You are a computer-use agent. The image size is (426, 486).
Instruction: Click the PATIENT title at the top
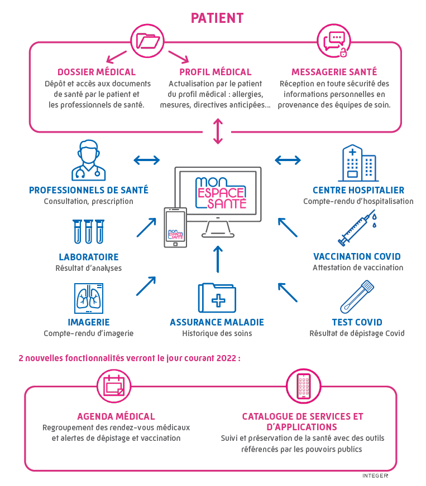click(x=217, y=18)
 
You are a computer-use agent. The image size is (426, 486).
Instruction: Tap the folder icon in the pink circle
click(x=148, y=41)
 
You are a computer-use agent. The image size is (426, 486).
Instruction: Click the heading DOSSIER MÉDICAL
click(x=97, y=72)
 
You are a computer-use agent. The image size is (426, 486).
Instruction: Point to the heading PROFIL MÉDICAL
click(x=216, y=72)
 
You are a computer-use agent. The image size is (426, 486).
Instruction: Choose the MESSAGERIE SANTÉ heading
click(x=334, y=72)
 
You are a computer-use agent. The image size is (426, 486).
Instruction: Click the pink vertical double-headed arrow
click(x=218, y=130)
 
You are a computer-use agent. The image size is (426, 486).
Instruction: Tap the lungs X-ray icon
click(x=89, y=298)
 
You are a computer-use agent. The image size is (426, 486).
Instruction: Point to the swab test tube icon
click(x=357, y=297)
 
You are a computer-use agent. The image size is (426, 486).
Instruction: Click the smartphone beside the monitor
click(x=175, y=227)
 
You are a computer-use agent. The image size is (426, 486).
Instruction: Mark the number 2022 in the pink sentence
click(x=227, y=358)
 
